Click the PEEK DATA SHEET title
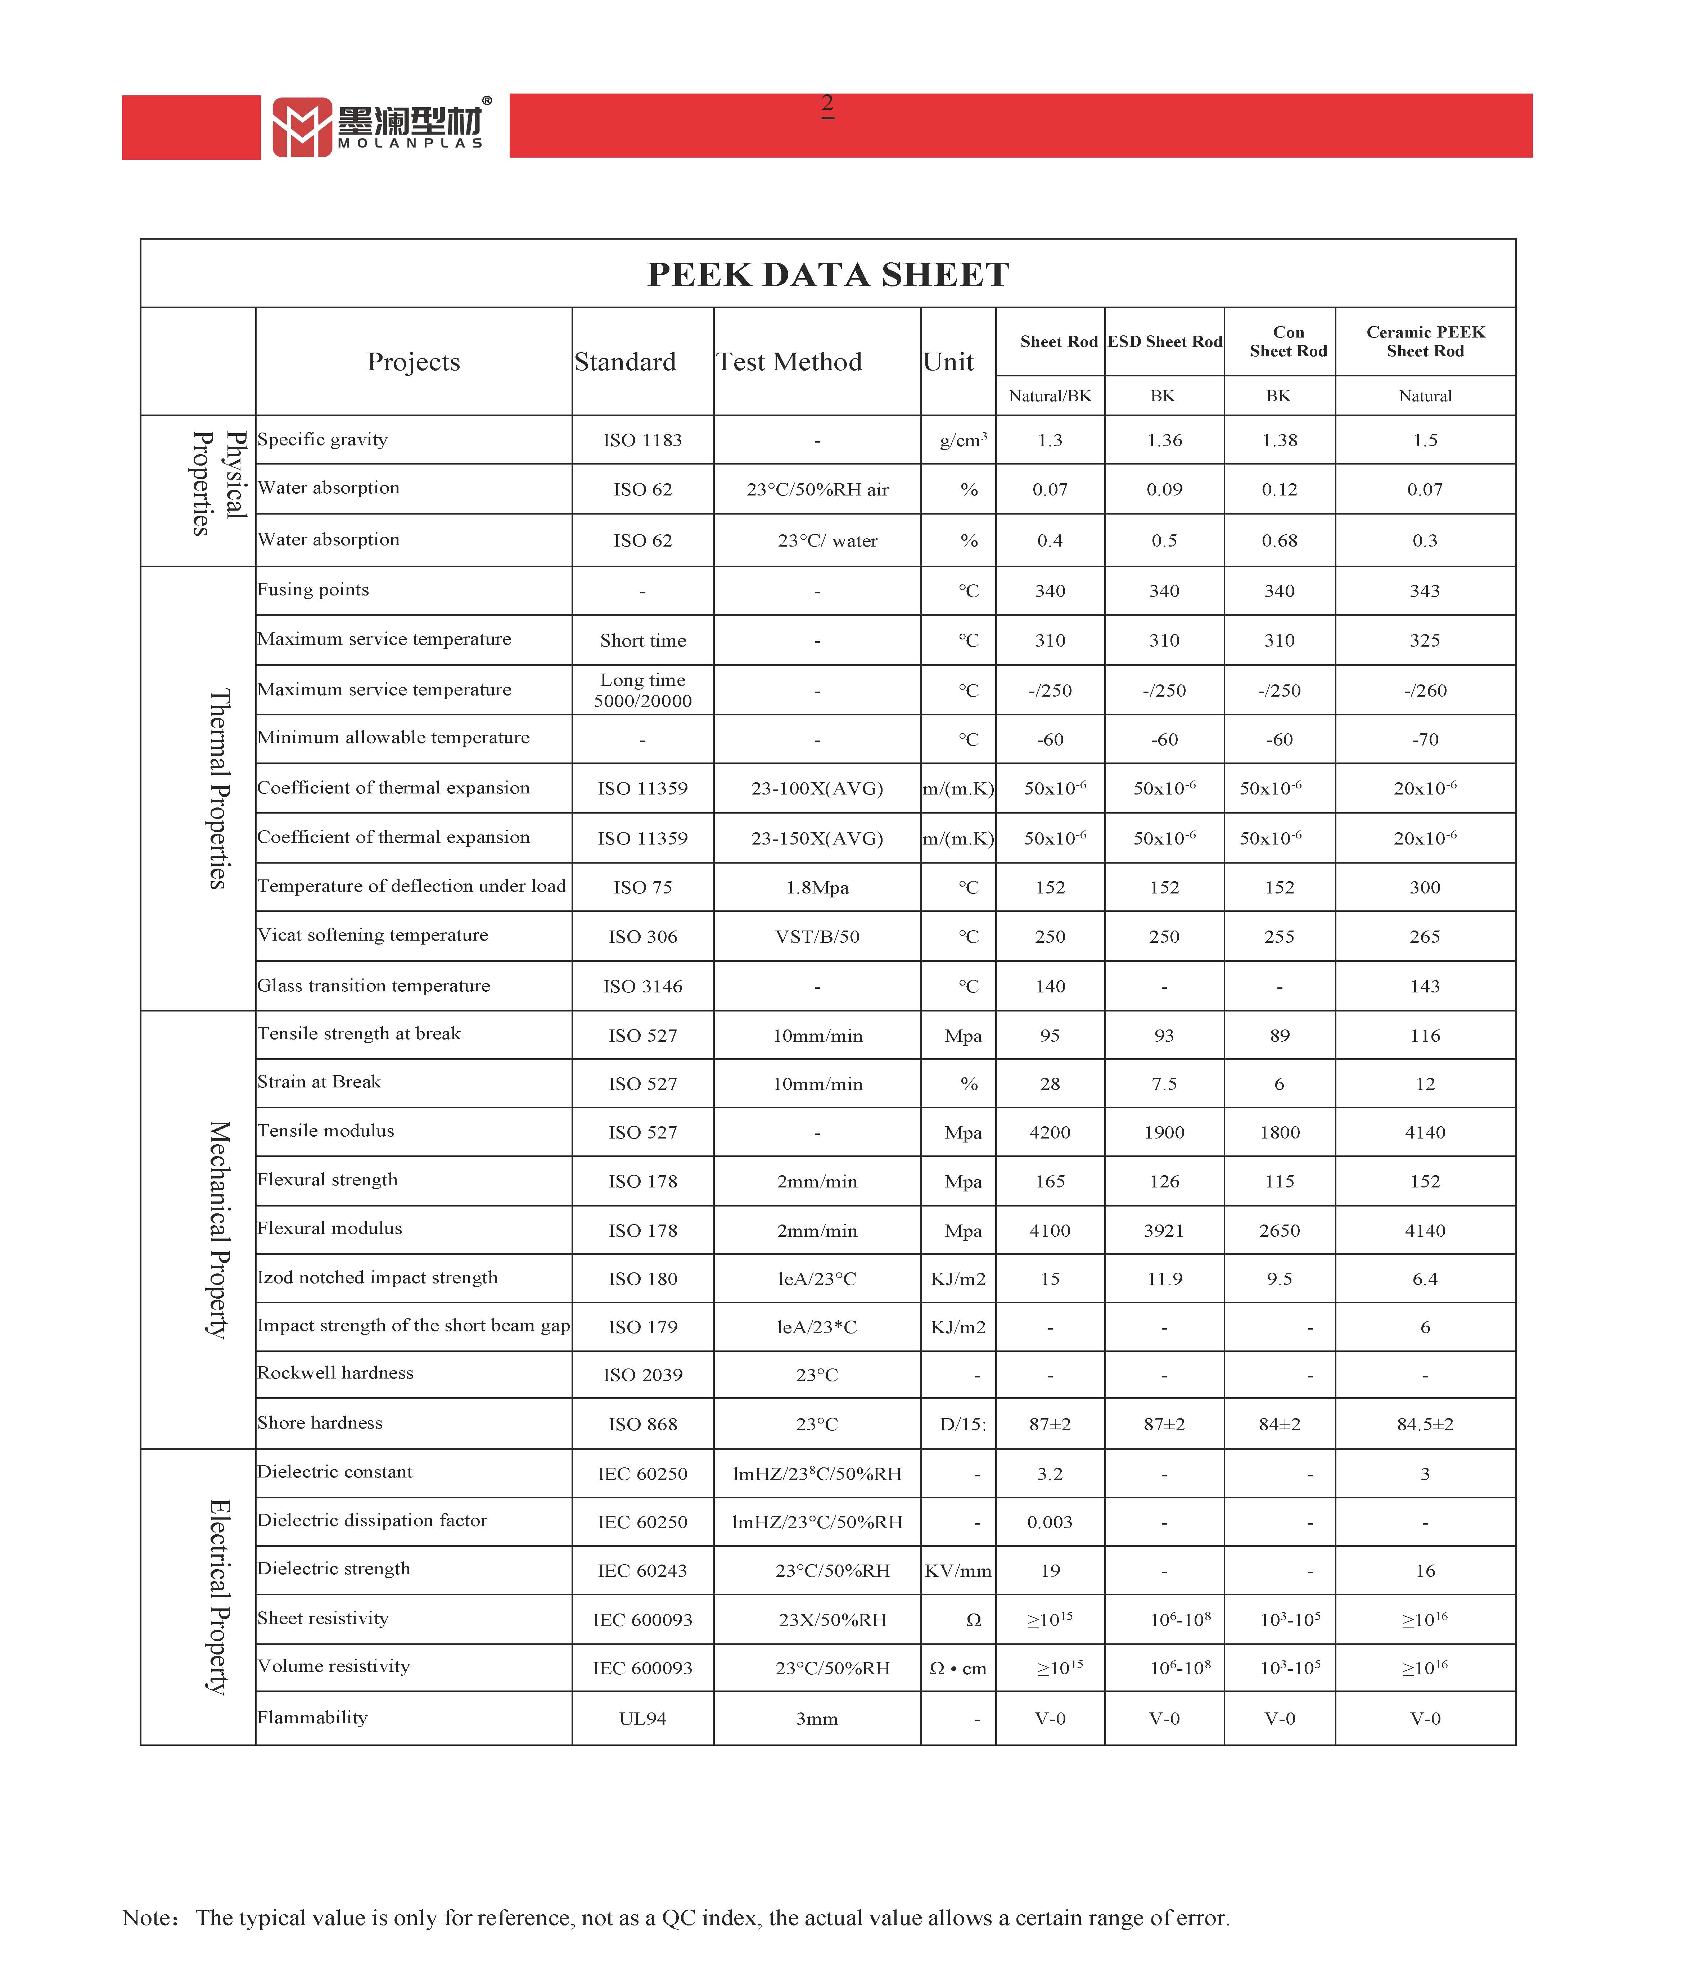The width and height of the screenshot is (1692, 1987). pyautogui.click(x=828, y=275)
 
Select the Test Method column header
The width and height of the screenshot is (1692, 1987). pyautogui.click(x=789, y=362)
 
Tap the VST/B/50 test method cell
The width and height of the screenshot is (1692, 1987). pyautogui.click(x=817, y=937)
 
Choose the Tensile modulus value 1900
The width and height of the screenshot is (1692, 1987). pyautogui.click(x=1164, y=1132)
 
